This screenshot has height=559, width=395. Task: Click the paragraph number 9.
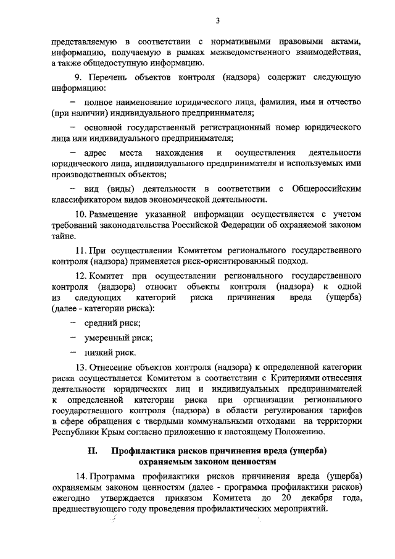click(x=78, y=79)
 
